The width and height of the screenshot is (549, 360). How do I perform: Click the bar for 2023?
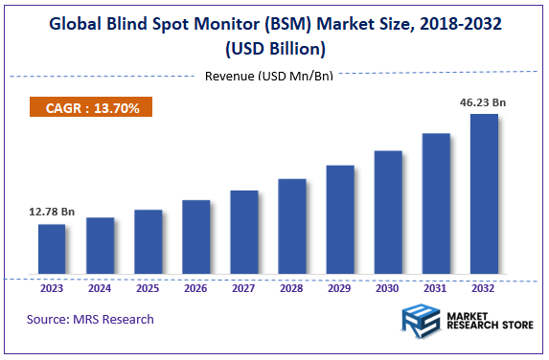(52, 251)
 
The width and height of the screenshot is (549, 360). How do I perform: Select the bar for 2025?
(148, 243)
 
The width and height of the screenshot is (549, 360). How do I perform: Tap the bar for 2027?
(244, 234)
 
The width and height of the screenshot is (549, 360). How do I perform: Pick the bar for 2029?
(340, 221)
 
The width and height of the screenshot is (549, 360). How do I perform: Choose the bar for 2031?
(436, 205)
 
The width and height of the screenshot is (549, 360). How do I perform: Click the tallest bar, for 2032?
(484, 195)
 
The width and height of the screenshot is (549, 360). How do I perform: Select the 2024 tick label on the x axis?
(100, 287)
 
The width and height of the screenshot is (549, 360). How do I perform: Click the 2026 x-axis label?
(195, 287)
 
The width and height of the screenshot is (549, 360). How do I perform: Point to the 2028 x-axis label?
(292, 287)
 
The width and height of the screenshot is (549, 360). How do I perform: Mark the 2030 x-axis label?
(388, 287)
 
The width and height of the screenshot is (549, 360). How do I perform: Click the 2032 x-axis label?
(484, 287)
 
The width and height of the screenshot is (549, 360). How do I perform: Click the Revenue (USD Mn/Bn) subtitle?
(269, 77)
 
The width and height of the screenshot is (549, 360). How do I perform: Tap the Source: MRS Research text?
(90, 319)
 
